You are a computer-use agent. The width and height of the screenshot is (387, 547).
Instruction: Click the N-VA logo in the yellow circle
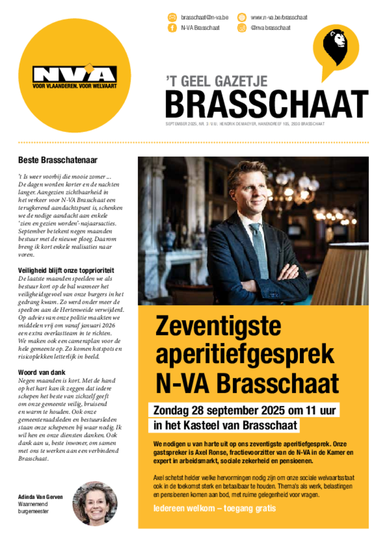click(74, 75)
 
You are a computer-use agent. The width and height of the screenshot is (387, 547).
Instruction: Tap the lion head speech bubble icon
click(336, 45)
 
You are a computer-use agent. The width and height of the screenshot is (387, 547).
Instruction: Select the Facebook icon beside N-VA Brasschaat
click(172, 28)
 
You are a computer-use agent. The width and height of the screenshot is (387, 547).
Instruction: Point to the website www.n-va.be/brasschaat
click(278, 17)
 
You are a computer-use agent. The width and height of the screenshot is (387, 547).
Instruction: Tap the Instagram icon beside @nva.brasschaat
click(242, 28)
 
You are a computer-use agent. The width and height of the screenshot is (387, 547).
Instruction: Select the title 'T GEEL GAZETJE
click(216, 81)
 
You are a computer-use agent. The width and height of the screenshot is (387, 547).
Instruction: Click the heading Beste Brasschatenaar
click(58, 159)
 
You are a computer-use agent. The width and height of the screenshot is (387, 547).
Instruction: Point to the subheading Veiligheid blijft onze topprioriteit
click(66, 271)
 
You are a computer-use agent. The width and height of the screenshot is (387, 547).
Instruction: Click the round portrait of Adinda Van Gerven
click(95, 503)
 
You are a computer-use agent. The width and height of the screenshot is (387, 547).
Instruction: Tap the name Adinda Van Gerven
click(41, 496)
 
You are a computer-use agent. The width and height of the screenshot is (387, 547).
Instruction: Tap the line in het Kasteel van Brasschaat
click(223, 426)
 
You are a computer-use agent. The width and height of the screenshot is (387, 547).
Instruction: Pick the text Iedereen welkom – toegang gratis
click(214, 507)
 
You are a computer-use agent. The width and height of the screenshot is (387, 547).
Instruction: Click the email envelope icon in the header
click(172, 17)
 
